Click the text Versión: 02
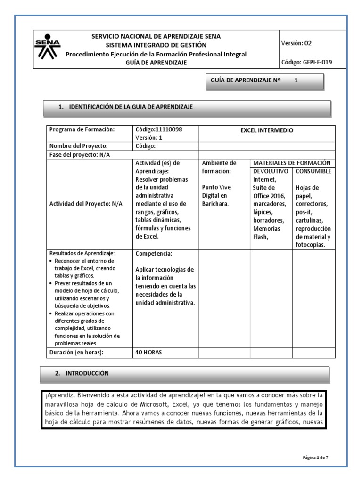tap(296, 43)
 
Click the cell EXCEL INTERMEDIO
tap(266, 130)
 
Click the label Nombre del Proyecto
tap(79, 146)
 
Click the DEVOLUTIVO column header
tap(271, 171)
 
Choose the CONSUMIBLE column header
tap(313, 171)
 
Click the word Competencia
tap(154, 254)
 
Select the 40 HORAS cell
tap(148, 353)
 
